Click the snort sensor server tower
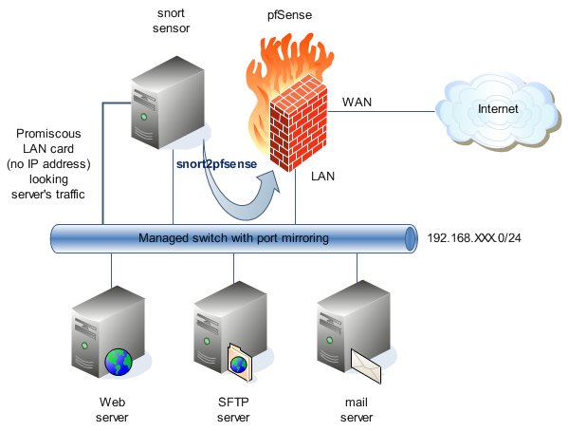(x=168, y=103)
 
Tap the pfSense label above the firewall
(x=289, y=15)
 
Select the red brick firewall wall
(x=298, y=123)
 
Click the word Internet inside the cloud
(x=498, y=108)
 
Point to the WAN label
(x=357, y=102)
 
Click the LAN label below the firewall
(x=322, y=177)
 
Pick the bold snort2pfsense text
(x=216, y=164)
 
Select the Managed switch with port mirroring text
(x=233, y=238)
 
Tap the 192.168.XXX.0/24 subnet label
(x=474, y=238)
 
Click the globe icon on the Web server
(x=119, y=362)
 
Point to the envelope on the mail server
(x=366, y=366)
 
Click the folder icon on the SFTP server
(x=239, y=364)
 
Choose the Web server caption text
(x=112, y=409)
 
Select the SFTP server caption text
(x=233, y=409)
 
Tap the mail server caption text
(x=357, y=409)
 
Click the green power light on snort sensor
(x=144, y=117)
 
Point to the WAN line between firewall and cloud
(x=381, y=111)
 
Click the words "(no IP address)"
(x=48, y=164)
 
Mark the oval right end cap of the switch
(x=410, y=238)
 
